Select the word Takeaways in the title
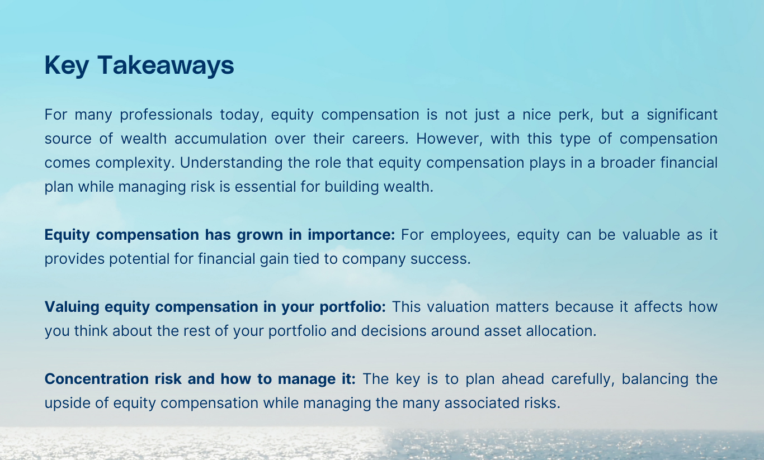tap(166, 66)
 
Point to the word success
tap(445, 259)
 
